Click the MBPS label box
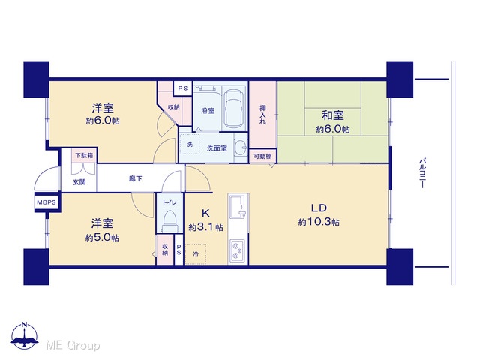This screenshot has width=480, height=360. point(46,202)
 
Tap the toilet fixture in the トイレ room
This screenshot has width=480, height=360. point(169,220)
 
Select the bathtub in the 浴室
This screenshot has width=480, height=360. point(233,109)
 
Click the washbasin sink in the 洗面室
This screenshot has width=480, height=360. point(241,148)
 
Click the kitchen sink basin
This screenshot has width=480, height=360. point(237,207)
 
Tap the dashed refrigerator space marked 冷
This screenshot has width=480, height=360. point(195,253)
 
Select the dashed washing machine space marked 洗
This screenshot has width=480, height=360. point(189,144)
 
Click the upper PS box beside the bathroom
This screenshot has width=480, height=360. point(183,88)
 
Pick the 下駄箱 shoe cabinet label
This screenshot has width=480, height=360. point(84,155)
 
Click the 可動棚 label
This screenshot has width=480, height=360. point(262,157)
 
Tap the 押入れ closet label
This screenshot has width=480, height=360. point(262,115)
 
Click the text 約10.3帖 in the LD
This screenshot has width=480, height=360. point(319,222)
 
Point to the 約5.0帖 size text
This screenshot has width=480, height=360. point(102,238)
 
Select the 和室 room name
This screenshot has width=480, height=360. point(333,115)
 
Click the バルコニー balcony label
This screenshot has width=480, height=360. point(423,172)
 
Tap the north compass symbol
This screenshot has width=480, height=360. point(25,335)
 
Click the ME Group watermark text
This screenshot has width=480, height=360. point(73,345)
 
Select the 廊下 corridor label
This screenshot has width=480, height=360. point(135,178)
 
